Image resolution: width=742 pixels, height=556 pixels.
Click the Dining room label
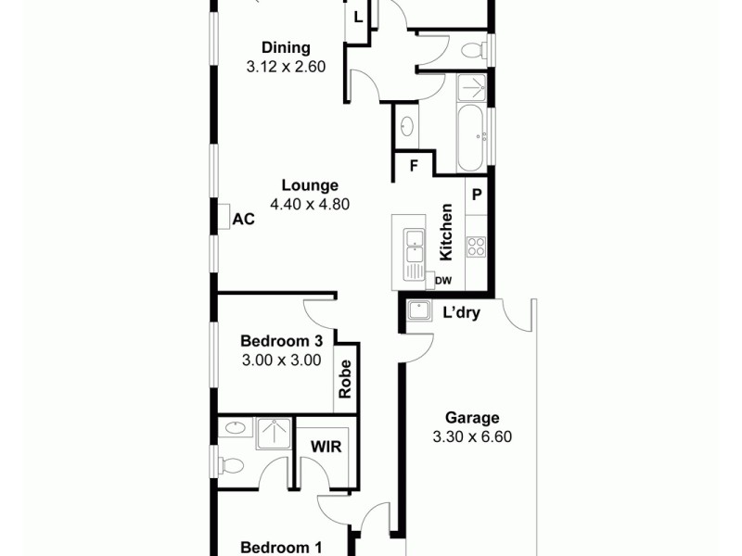tap(286, 48)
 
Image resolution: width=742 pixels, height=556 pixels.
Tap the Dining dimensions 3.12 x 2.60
tap(286, 67)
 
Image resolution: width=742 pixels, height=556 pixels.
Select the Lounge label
tap(310, 185)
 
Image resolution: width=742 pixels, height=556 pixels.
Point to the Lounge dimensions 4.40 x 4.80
tap(310, 205)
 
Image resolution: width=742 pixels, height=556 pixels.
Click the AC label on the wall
tap(243, 219)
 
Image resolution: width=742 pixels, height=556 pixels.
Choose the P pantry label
tap(477, 195)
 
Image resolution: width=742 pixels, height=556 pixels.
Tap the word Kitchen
tap(446, 232)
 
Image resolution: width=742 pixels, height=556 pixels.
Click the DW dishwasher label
tap(443, 280)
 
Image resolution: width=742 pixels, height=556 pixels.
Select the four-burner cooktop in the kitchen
tap(476, 246)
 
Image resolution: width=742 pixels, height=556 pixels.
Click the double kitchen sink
tap(413, 248)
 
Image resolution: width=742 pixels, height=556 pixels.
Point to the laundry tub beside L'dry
tap(419, 310)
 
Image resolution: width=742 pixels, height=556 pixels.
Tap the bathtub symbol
tap(470, 138)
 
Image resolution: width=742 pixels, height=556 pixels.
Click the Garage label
tap(471, 418)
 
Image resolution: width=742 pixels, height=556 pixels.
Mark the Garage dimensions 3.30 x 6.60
tap(471, 437)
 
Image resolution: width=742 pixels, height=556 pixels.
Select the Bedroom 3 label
tap(281, 341)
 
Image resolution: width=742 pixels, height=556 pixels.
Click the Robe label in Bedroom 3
tap(346, 379)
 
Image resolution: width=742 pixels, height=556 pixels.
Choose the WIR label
tap(326, 447)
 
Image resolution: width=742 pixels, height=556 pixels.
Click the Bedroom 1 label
tap(281, 548)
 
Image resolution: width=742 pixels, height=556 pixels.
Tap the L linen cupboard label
tap(358, 17)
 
